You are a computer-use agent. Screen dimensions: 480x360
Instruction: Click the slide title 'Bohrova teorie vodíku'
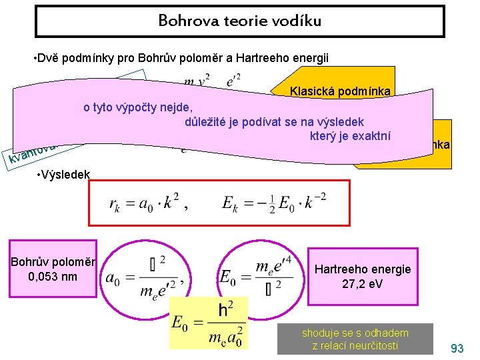tap(239, 21)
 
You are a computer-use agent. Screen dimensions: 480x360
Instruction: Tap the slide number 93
tap(457, 349)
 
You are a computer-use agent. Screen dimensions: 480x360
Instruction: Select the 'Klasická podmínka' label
tap(341, 91)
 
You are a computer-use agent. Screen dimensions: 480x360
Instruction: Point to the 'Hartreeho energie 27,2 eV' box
tap(363, 275)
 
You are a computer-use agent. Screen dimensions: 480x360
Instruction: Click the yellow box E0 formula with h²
tap(209, 323)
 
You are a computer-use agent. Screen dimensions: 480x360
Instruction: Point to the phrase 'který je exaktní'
tap(349, 137)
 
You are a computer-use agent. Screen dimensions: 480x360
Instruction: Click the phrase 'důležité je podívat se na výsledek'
tap(274, 122)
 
